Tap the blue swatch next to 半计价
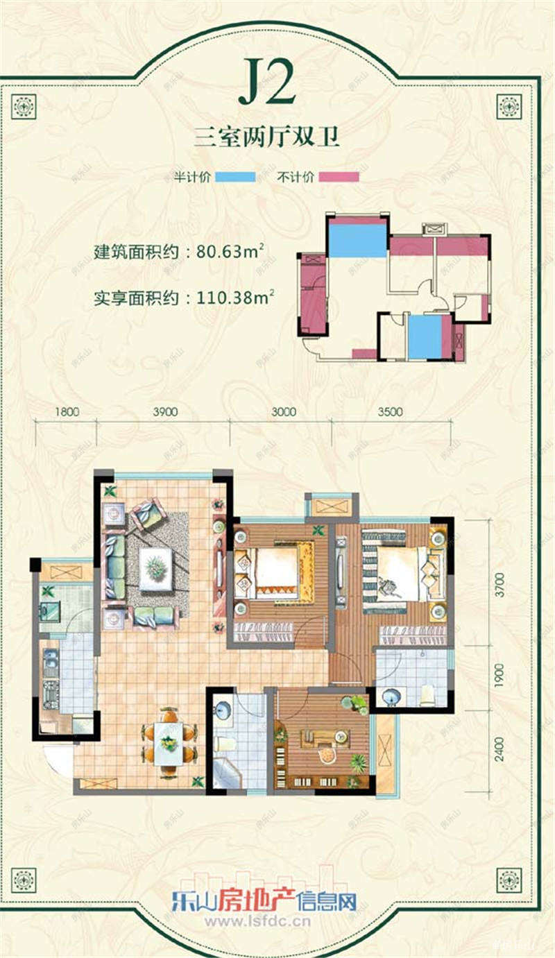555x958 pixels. pyautogui.click(x=235, y=177)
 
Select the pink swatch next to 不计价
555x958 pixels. pyautogui.click(x=339, y=177)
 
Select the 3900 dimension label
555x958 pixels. pyautogui.click(x=165, y=411)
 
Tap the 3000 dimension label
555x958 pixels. pyautogui.click(x=284, y=411)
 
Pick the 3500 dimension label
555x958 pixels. pyautogui.click(x=391, y=411)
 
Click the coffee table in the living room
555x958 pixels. pyautogui.click(x=155, y=569)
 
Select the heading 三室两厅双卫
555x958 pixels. pyautogui.click(x=267, y=137)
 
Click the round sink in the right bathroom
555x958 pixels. pyautogui.click(x=391, y=695)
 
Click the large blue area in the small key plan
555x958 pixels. pyautogui.click(x=357, y=240)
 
